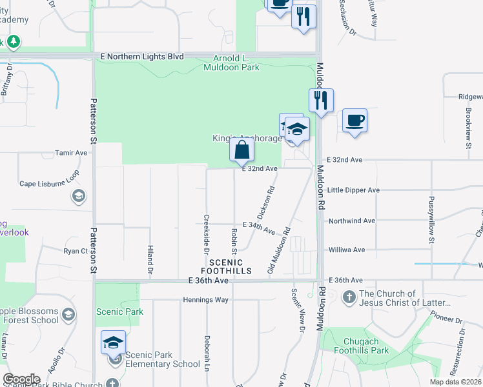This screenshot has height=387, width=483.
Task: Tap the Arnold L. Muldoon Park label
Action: [x=231, y=62]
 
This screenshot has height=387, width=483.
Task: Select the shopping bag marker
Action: [x=241, y=150]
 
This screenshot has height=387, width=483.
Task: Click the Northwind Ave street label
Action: [x=352, y=221]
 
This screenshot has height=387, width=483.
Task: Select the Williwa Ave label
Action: [x=347, y=250]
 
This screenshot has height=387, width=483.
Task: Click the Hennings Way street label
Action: [x=188, y=300]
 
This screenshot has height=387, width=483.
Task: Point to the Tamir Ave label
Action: [x=71, y=153]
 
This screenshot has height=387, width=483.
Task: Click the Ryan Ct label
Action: [x=75, y=251]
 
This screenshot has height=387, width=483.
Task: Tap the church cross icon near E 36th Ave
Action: [x=349, y=297]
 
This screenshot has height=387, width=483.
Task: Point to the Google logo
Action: [x=21, y=379]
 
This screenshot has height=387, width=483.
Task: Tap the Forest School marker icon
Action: [x=70, y=314]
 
